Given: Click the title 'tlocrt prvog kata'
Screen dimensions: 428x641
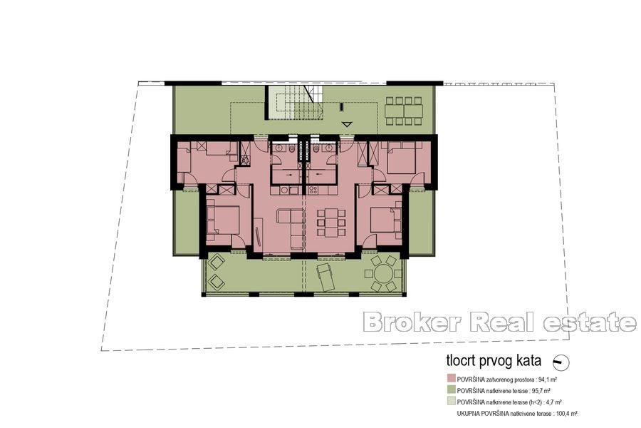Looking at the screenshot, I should tap(491, 362).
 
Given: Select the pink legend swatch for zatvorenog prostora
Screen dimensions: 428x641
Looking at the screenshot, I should tap(451, 379).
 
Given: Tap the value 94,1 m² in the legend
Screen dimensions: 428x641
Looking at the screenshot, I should tap(546, 380).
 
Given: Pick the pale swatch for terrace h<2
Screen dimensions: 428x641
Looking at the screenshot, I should tap(451, 402).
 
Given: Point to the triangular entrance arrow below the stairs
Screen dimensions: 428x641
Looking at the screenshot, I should tap(347, 124).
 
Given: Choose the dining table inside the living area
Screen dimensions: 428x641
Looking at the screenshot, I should tap(330, 221).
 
